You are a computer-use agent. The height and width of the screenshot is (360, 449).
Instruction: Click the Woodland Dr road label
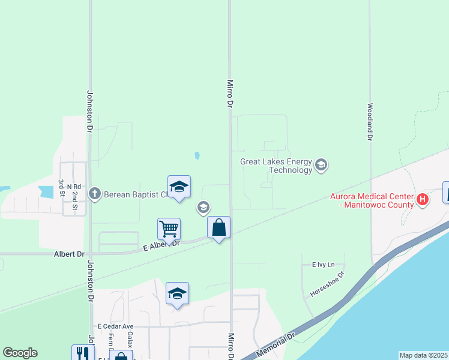370,122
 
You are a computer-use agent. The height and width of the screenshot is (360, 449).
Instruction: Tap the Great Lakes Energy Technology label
276,166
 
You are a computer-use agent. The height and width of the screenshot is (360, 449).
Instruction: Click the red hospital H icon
423,200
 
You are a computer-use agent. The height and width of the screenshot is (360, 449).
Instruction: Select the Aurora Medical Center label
372,200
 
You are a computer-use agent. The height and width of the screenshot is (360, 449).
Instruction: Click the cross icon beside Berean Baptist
94,194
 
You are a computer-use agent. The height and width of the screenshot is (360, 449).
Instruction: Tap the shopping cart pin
169,229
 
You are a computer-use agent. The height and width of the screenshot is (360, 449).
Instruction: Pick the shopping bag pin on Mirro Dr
219,228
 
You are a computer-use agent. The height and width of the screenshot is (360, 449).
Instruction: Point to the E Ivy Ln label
323,265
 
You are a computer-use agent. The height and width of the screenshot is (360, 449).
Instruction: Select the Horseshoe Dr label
328,284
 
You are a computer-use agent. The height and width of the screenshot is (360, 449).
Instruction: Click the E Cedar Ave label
115,326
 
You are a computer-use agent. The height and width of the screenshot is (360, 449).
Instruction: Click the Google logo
20,353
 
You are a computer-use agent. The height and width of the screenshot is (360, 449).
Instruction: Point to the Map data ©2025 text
423,355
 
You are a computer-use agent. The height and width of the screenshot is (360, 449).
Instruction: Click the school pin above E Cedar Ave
177,294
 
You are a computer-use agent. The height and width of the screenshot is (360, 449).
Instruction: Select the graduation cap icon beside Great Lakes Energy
321,165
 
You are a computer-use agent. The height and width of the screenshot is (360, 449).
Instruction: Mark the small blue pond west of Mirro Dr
197,156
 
